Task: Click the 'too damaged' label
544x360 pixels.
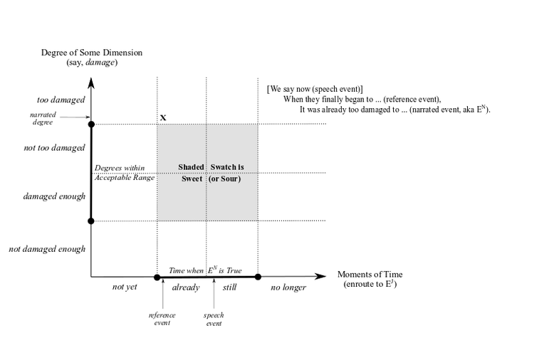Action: click(61, 100)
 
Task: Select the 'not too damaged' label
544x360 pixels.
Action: click(54, 148)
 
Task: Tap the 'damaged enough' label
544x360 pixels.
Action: click(54, 196)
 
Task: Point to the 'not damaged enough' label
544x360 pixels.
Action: click(47, 249)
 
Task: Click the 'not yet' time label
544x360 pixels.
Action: click(125, 287)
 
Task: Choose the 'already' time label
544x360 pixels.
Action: click(185, 287)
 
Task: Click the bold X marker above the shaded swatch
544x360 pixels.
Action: click(163, 117)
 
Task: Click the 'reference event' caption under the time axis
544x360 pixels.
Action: click(162, 319)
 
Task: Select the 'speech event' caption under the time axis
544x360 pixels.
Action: click(214, 319)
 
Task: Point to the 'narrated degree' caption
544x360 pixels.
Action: click(43, 118)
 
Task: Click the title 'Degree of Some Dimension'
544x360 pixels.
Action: click(92, 53)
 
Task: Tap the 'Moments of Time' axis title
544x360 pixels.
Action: click(370, 275)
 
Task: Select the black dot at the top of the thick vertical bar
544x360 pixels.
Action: click(91, 125)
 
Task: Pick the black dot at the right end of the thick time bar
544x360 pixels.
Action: click(258, 277)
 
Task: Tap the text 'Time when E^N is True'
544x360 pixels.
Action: click(205, 270)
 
